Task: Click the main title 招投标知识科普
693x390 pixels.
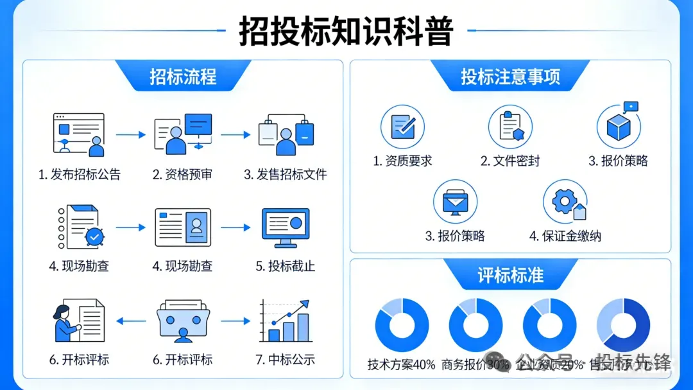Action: [346, 30]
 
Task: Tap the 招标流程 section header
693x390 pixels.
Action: [183, 76]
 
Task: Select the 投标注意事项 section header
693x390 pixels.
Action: [510, 76]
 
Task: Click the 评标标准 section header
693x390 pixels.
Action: [510, 275]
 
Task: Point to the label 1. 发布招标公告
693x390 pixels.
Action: [79, 174]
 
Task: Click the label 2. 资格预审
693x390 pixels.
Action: [182, 174]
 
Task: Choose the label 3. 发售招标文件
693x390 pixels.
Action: [286, 174]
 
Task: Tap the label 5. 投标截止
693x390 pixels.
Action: [286, 266]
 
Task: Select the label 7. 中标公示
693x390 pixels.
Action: [286, 360]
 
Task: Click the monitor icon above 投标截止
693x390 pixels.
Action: [286, 227]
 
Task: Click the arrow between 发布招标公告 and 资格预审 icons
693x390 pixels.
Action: [131, 135]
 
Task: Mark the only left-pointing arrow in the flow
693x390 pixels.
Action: [131, 321]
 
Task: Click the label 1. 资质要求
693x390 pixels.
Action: [402, 161]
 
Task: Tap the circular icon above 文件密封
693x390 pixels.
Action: [510, 127]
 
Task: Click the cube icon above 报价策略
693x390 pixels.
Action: [619, 127]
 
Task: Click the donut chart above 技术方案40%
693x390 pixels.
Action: [402, 325]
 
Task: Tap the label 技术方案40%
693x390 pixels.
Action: [402, 364]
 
